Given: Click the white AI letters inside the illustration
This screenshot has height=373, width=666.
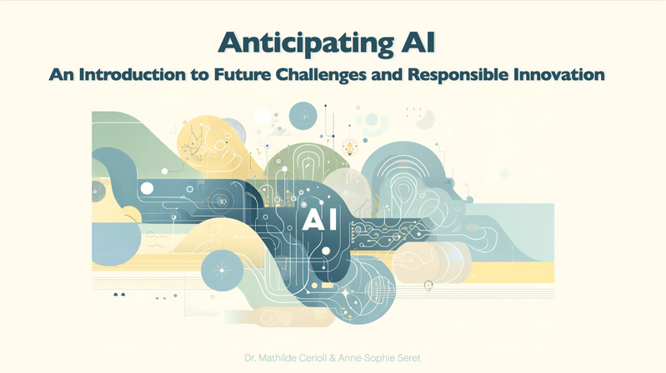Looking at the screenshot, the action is pyautogui.click(x=319, y=219).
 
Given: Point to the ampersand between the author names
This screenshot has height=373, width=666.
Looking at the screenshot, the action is pyautogui.click(x=333, y=358).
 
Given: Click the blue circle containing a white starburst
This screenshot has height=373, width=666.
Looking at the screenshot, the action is pyautogui.click(x=223, y=270).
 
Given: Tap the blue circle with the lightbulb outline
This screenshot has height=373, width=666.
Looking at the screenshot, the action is pyautogui.click(x=303, y=116).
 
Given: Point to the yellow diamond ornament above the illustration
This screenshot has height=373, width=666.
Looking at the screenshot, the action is pyautogui.click(x=350, y=147).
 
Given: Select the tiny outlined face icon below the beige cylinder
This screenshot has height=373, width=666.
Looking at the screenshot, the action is pyautogui.click(x=428, y=286).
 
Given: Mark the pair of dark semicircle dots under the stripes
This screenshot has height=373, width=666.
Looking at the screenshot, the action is pyautogui.click(x=119, y=294).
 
